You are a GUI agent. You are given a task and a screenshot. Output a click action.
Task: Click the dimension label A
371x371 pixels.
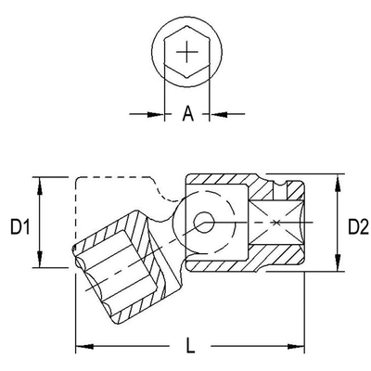(x=187, y=114)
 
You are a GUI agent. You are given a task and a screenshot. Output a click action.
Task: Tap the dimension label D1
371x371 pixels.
(x=20, y=224)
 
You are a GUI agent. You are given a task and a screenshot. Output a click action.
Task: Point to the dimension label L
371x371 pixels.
(x=190, y=348)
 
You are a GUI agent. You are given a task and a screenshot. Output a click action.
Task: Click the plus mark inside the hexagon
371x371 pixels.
(x=187, y=52)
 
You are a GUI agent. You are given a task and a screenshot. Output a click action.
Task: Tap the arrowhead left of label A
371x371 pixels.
(x=159, y=114)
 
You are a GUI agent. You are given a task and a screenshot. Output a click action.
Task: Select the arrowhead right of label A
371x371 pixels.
(x=217, y=114)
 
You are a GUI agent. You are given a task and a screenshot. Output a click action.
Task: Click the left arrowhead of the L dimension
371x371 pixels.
(x=82, y=349)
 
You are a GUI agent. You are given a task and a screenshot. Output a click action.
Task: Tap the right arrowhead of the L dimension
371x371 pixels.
(x=301, y=349)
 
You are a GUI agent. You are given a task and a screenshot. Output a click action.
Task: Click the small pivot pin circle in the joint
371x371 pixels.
(x=202, y=223)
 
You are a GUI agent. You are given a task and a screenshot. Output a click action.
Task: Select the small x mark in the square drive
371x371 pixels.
(x=277, y=224)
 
